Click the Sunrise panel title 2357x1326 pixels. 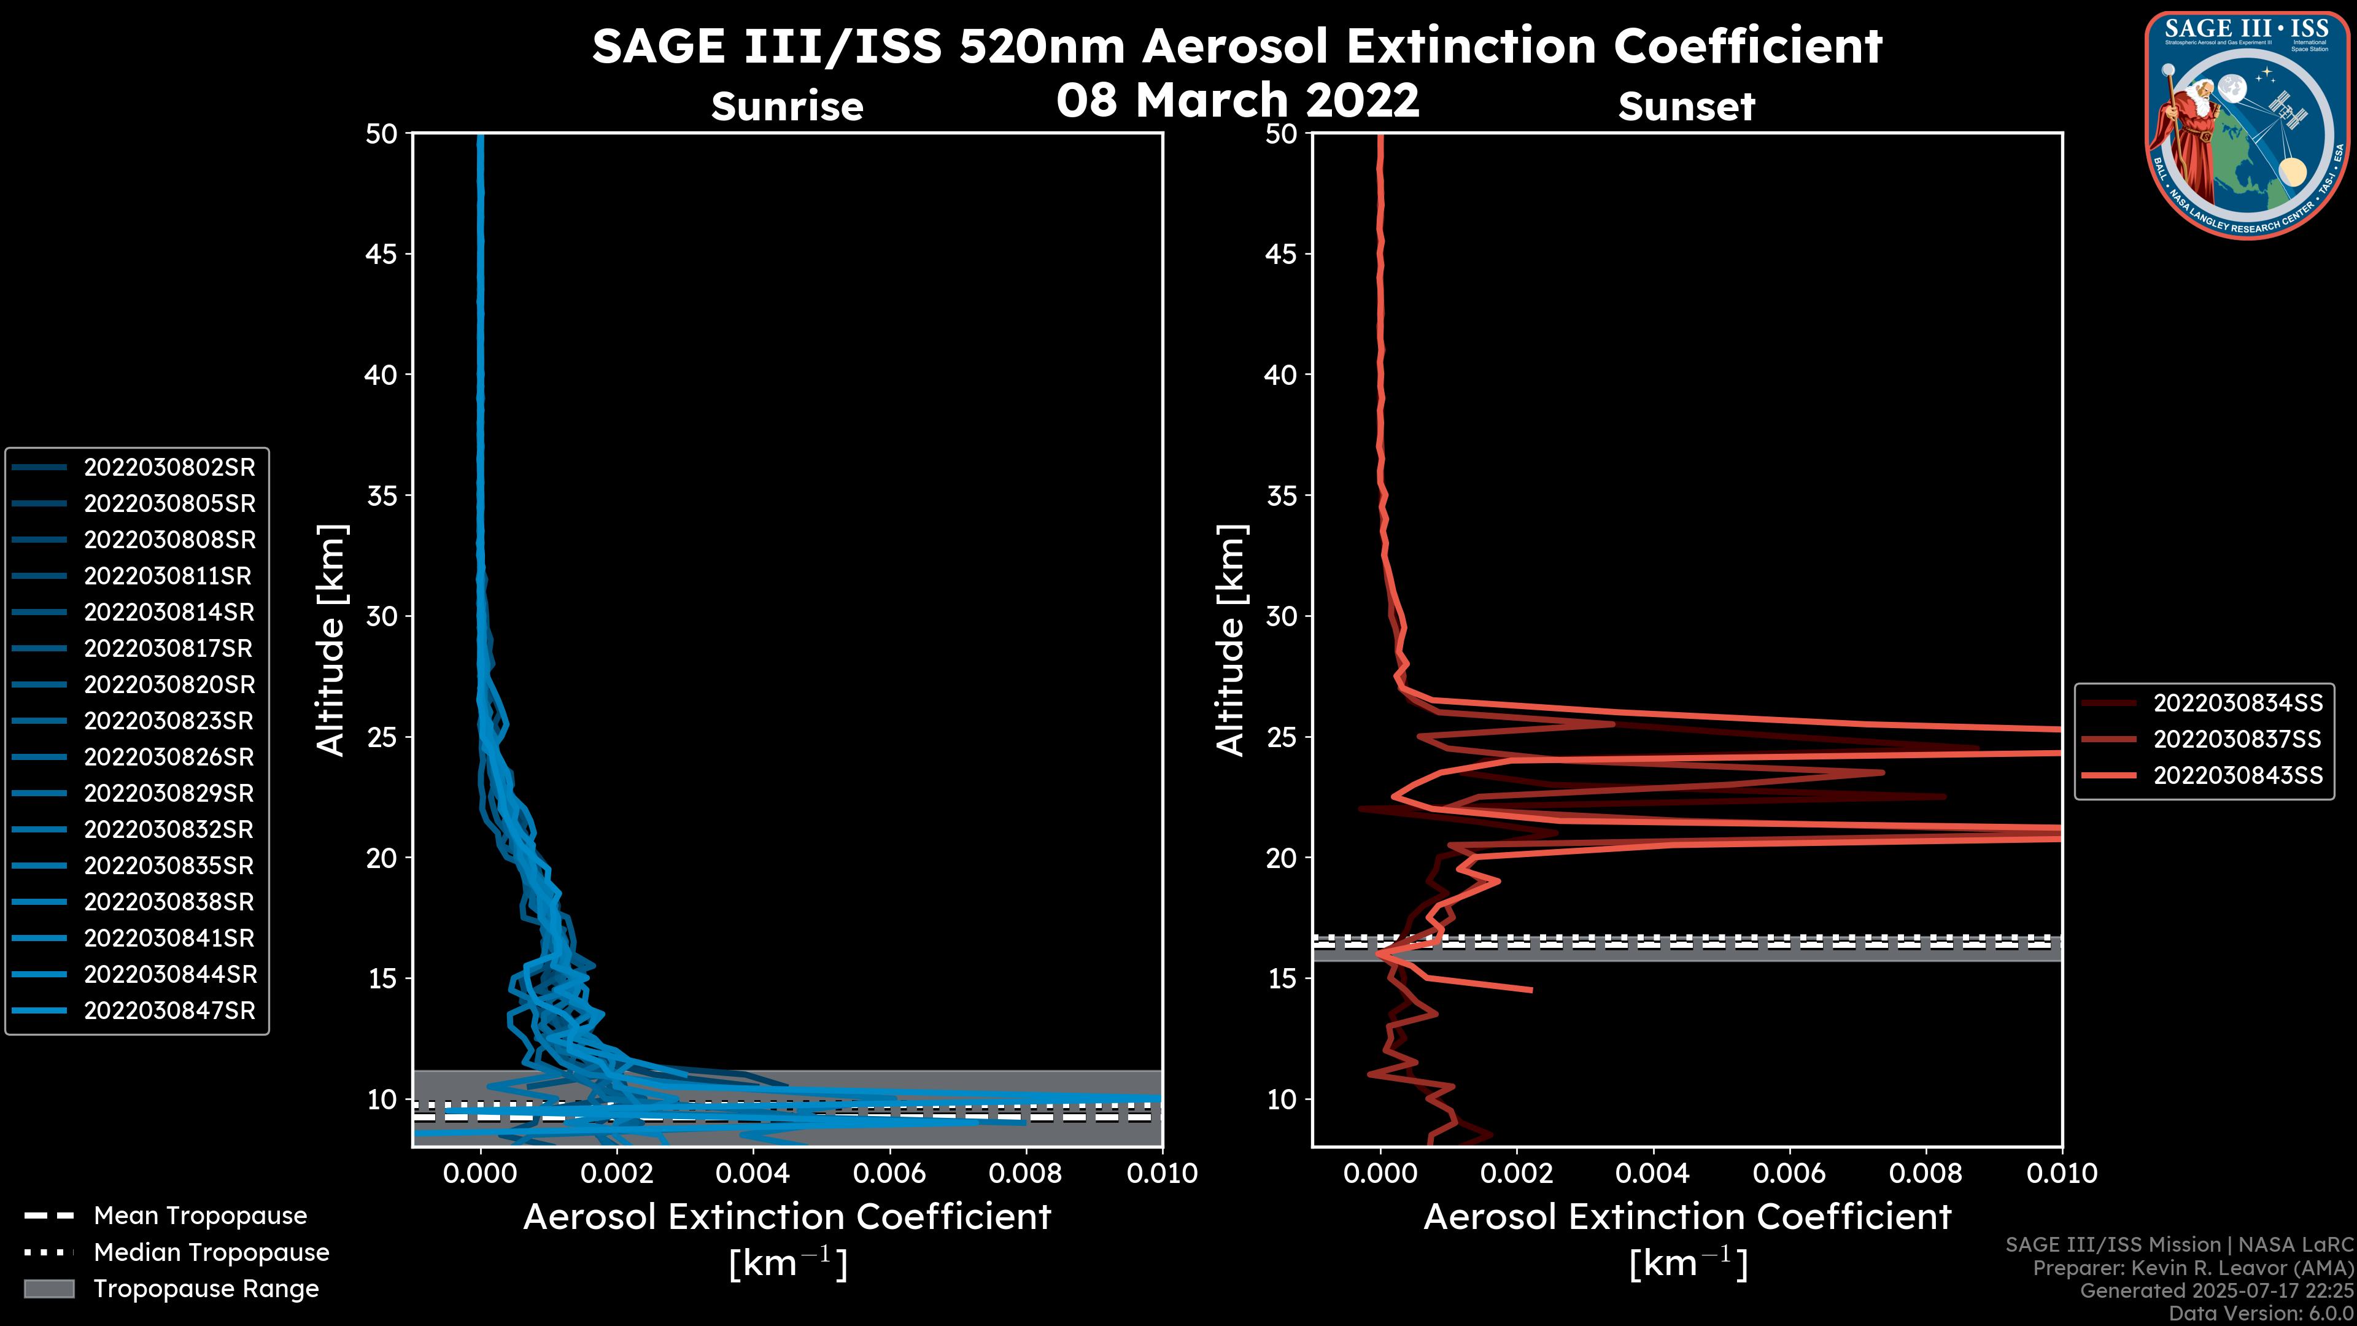coord(787,106)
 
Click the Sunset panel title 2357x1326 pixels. coord(1686,106)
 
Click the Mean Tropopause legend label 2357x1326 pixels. coord(200,1215)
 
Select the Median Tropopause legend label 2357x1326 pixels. coord(211,1252)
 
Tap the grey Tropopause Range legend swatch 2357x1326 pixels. coord(48,1289)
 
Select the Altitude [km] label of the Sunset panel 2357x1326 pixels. coord(1231,640)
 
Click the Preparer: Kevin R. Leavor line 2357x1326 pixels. coord(2193,1268)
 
